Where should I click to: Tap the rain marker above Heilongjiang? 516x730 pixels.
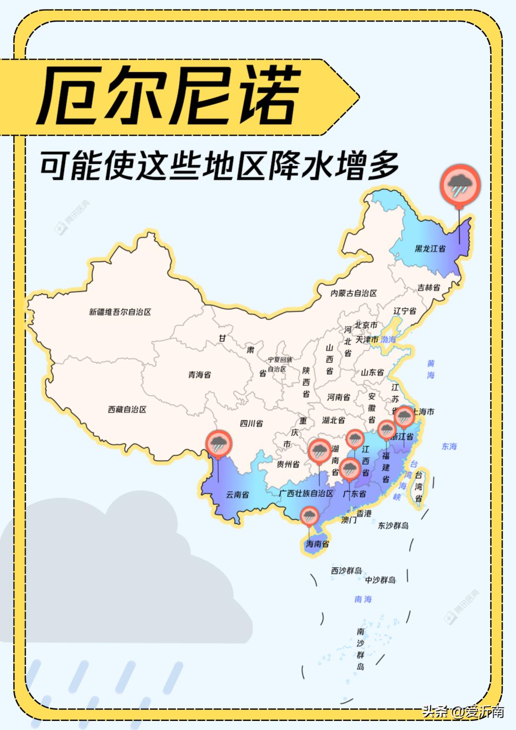pyautogui.click(x=460, y=185)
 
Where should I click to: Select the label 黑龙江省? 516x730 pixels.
pyautogui.click(x=430, y=248)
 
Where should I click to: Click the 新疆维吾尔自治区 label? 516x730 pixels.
pyautogui.click(x=120, y=312)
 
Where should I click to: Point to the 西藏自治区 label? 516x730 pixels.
pyautogui.click(x=127, y=409)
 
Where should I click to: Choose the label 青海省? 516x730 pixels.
pyautogui.click(x=199, y=375)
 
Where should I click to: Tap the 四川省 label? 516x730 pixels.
pyautogui.click(x=251, y=423)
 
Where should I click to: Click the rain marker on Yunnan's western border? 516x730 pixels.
pyautogui.click(x=219, y=444)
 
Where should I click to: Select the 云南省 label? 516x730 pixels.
pyautogui.click(x=237, y=494)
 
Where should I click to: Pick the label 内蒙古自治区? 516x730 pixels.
pyautogui.click(x=354, y=293)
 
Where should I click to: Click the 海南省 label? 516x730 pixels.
pyautogui.click(x=318, y=544)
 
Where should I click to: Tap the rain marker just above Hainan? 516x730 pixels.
pyautogui.click(x=310, y=516)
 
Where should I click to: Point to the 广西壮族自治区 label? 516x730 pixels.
pyautogui.click(x=306, y=493)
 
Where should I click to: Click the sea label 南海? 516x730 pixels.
pyautogui.click(x=363, y=599)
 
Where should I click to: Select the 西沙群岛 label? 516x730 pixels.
pyautogui.click(x=346, y=570)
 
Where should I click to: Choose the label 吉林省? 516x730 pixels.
pyautogui.click(x=429, y=288)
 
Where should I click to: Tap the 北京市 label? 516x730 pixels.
pyautogui.click(x=366, y=325)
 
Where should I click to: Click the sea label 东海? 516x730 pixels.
pyautogui.click(x=449, y=446)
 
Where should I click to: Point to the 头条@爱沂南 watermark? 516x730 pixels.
pyautogui.click(x=463, y=711)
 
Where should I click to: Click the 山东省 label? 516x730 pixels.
pyautogui.click(x=372, y=372)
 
